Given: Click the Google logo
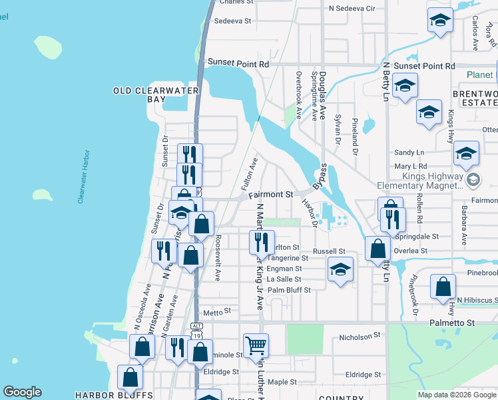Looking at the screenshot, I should pos(22,392).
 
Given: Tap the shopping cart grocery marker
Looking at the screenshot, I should pos(256,346).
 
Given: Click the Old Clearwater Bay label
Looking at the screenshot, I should pos(138,95).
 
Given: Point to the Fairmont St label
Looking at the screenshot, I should pos(272,195).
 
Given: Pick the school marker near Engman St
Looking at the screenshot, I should pos(340,270).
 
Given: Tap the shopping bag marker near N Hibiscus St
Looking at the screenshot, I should pos(443,287).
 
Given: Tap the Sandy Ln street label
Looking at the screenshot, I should pos(409,153).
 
